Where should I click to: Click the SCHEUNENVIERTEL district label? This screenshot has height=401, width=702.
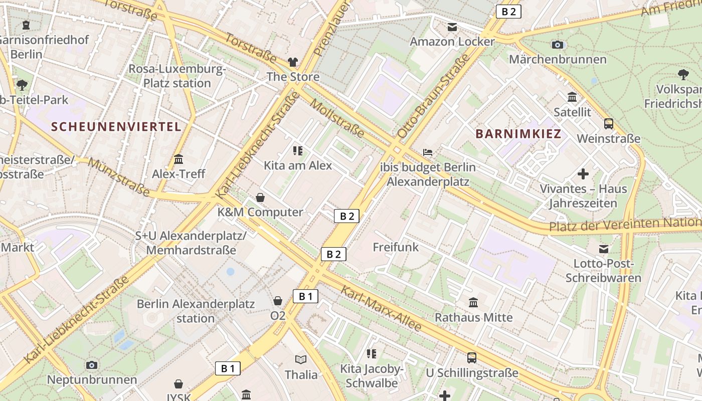click(116, 127)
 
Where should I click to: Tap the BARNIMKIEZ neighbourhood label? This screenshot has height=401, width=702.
click(518, 134)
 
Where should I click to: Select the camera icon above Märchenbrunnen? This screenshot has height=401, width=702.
click(557, 45)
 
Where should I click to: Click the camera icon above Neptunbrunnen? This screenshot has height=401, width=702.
click(91, 365)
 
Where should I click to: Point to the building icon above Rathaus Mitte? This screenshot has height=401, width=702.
click(473, 302)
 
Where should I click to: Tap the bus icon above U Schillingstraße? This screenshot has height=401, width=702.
click(472, 357)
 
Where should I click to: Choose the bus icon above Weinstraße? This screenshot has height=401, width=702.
click(609, 123)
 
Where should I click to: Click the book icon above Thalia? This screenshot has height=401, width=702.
click(301, 359)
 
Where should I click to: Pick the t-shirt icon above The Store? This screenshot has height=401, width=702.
click(293, 62)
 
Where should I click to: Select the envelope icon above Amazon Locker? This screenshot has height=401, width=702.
click(452, 27)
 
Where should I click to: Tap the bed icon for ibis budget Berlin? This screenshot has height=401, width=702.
click(428, 152)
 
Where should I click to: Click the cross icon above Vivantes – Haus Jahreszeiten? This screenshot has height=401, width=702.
click(583, 174)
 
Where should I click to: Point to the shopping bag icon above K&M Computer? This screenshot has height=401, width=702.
click(260, 197)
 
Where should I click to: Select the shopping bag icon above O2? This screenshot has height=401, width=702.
click(278, 301)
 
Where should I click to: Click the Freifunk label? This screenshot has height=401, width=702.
click(396, 247)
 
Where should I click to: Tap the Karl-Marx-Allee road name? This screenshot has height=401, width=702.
click(381, 308)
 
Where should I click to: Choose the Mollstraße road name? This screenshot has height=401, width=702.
click(337, 118)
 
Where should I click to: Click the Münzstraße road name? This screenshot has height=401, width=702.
click(119, 177)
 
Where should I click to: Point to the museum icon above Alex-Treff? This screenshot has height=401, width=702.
click(179, 159)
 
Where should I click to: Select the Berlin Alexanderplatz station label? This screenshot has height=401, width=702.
click(196, 311)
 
